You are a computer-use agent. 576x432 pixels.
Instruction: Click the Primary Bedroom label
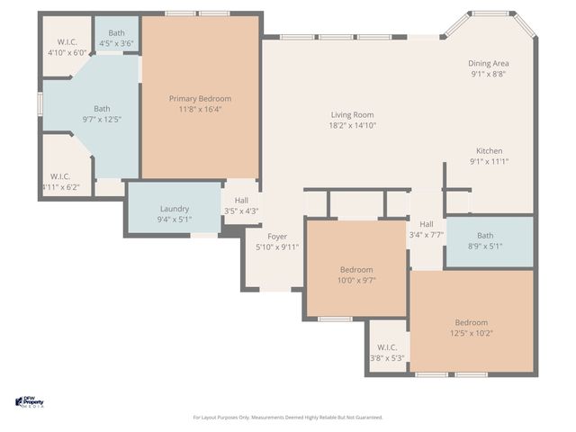click(x=200, y=99)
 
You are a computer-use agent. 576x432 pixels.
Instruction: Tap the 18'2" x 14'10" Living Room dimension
click(x=352, y=126)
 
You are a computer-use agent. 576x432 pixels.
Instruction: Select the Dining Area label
click(x=489, y=63)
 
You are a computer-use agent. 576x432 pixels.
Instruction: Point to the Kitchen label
click(x=489, y=150)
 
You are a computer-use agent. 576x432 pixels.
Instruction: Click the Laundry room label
click(x=175, y=208)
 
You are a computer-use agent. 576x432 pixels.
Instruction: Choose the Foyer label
click(x=276, y=236)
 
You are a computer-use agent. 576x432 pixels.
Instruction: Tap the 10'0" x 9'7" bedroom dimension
click(x=356, y=280)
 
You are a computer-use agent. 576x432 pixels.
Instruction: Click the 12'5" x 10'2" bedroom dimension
click(x=471, y=333)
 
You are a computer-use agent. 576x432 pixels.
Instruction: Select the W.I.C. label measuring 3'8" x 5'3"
click(x=387, y=346)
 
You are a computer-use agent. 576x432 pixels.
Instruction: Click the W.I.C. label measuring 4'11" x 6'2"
click(x=60, y=176)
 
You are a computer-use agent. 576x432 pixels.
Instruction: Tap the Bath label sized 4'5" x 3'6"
click(x=117, y=32)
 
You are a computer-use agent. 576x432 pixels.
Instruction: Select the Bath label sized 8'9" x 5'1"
click(x=485, y=236)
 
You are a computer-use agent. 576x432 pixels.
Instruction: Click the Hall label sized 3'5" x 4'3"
click(x=241, y=201)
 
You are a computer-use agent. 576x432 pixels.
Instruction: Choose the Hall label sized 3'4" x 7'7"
click(x=426, y=224)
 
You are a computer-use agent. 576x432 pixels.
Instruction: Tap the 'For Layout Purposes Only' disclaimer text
click(x=288, y=418)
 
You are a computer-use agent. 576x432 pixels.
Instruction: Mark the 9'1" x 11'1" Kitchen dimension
click(x=489, y=161)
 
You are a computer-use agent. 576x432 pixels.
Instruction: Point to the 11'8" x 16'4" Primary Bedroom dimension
click(x=200, y=110)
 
